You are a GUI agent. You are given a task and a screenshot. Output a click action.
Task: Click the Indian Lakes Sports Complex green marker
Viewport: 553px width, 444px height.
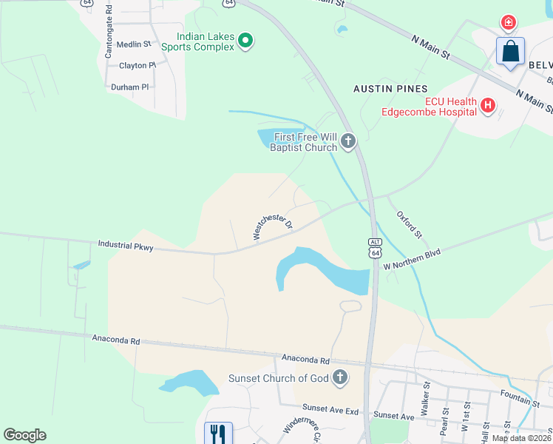pos(246,41)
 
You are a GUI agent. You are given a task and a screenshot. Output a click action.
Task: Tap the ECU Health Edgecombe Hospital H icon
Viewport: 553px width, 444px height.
pos(487,107)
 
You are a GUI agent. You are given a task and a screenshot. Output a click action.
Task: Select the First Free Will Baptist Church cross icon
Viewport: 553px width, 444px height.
pos(348,141)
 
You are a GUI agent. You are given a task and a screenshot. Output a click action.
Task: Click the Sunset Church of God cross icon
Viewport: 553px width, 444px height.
pos(339,378)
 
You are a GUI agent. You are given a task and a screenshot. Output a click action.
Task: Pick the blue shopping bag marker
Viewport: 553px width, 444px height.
pos(510,52)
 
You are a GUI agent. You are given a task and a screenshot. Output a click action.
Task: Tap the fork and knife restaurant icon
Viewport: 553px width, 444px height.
pos(218,433)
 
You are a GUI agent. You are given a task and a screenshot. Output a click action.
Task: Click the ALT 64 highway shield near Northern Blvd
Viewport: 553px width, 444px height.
pos(376,248)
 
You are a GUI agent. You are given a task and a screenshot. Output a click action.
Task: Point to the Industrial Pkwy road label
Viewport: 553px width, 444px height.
pos(125,246)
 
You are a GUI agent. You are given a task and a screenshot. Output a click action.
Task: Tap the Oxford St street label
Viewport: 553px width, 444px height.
pos(409,224)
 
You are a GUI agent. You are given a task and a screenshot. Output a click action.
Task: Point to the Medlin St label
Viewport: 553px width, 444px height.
pos(135,44)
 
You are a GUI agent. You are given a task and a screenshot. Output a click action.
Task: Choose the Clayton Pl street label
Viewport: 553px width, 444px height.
pos(138,66)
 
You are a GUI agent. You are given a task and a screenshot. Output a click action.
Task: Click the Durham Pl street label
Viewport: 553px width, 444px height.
pos(130,87)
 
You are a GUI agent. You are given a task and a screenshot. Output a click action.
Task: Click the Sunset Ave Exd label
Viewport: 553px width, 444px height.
pos(330,408)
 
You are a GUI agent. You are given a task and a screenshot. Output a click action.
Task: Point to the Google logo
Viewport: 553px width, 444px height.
pos(24,435)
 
